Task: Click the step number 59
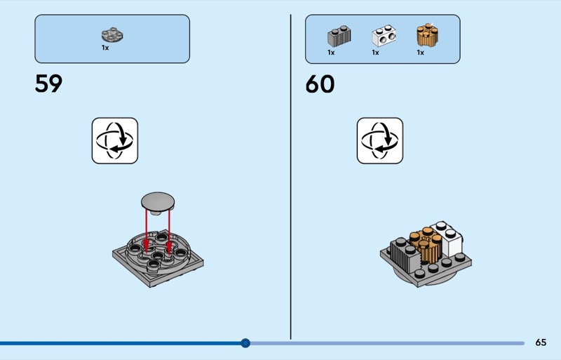[48, 84]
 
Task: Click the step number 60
[320, 84]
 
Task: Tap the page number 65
[540, 342]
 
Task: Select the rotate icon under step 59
[114, 140]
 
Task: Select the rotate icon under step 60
[379, 140]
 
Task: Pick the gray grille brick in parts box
[338, 36]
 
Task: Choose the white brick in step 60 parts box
[382, 36]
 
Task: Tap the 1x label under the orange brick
[420, 53]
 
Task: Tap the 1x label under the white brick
[375, 53]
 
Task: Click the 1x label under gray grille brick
[331, 53]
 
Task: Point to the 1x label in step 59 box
[105, 48]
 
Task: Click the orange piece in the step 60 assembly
[424, 244]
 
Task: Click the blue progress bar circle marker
[245, 343]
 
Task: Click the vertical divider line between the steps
[290, 175]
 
